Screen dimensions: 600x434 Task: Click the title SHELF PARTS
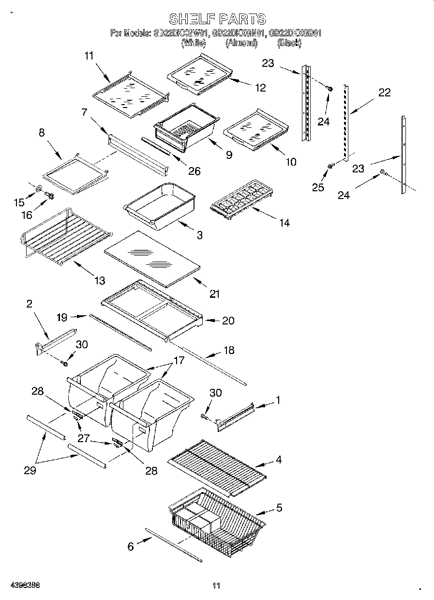tap(217, 19)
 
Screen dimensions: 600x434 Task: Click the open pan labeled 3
tap(160, 205)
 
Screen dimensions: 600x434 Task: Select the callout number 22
tap(384, 92)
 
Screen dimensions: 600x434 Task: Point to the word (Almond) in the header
tap(241, 43)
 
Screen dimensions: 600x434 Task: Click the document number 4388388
tap(20, 585)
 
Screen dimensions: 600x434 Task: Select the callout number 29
tap(30, 470)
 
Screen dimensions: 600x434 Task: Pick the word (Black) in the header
tap(289, 43)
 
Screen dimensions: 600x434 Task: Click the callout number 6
tap(131, 546)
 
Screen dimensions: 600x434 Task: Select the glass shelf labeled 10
tap(256, 129)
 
